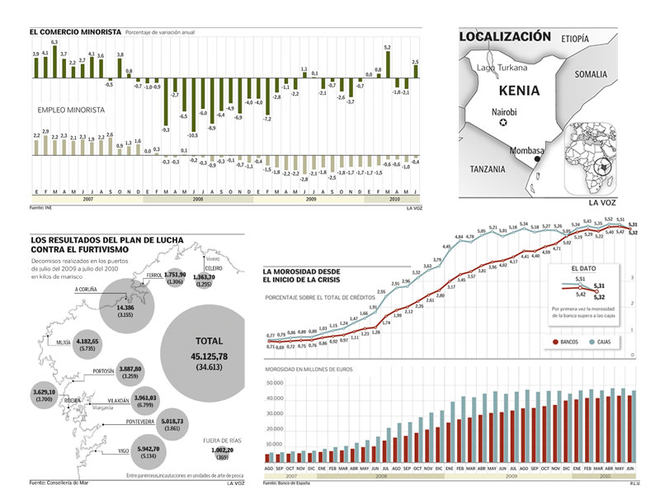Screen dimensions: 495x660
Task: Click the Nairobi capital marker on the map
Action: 502,124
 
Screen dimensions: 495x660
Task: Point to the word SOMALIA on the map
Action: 591,74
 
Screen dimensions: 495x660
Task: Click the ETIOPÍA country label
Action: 574,39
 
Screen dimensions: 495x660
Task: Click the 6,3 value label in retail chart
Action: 54,41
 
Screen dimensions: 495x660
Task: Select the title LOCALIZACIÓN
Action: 503,36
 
